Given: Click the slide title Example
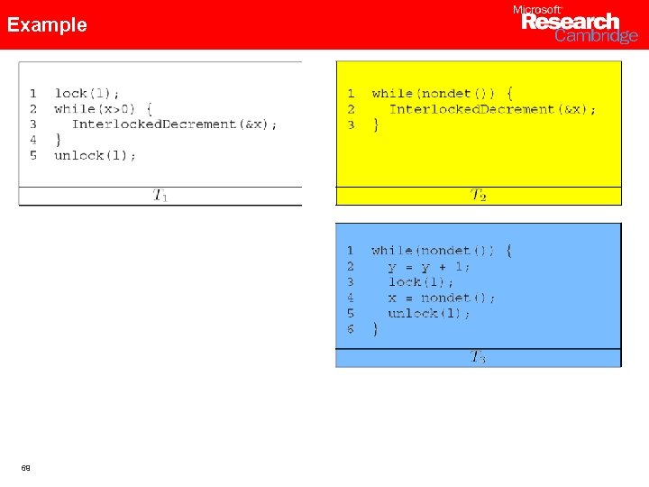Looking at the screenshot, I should (x=47, y=24).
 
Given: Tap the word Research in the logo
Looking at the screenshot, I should (x=571, y=22).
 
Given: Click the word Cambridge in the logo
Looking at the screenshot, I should (x=596, y=36).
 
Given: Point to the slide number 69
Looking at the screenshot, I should (x=26, y=468).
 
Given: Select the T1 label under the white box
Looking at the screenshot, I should (x=160, y=195).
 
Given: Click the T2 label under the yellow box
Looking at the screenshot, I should (x=479, y=195).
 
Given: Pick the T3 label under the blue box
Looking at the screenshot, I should (x=478, y=357).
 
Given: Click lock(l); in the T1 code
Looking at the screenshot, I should (x=87, y=93).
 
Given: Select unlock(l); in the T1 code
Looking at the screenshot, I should (x=96, y=155).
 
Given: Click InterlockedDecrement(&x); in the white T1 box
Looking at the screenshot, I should (x=175, y=124).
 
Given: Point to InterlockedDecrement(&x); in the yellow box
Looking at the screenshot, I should (x=492, y=109).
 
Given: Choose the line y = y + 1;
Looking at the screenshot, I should (x=429, y=266).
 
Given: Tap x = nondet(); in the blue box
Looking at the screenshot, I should (x=442, y=298).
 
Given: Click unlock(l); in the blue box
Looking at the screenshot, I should (x=429, y=313).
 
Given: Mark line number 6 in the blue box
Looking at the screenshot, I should (x=351, y=329).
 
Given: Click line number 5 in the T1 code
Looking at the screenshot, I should (x=33, y=155).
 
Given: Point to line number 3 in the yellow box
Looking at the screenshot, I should (x=351, y=124).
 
